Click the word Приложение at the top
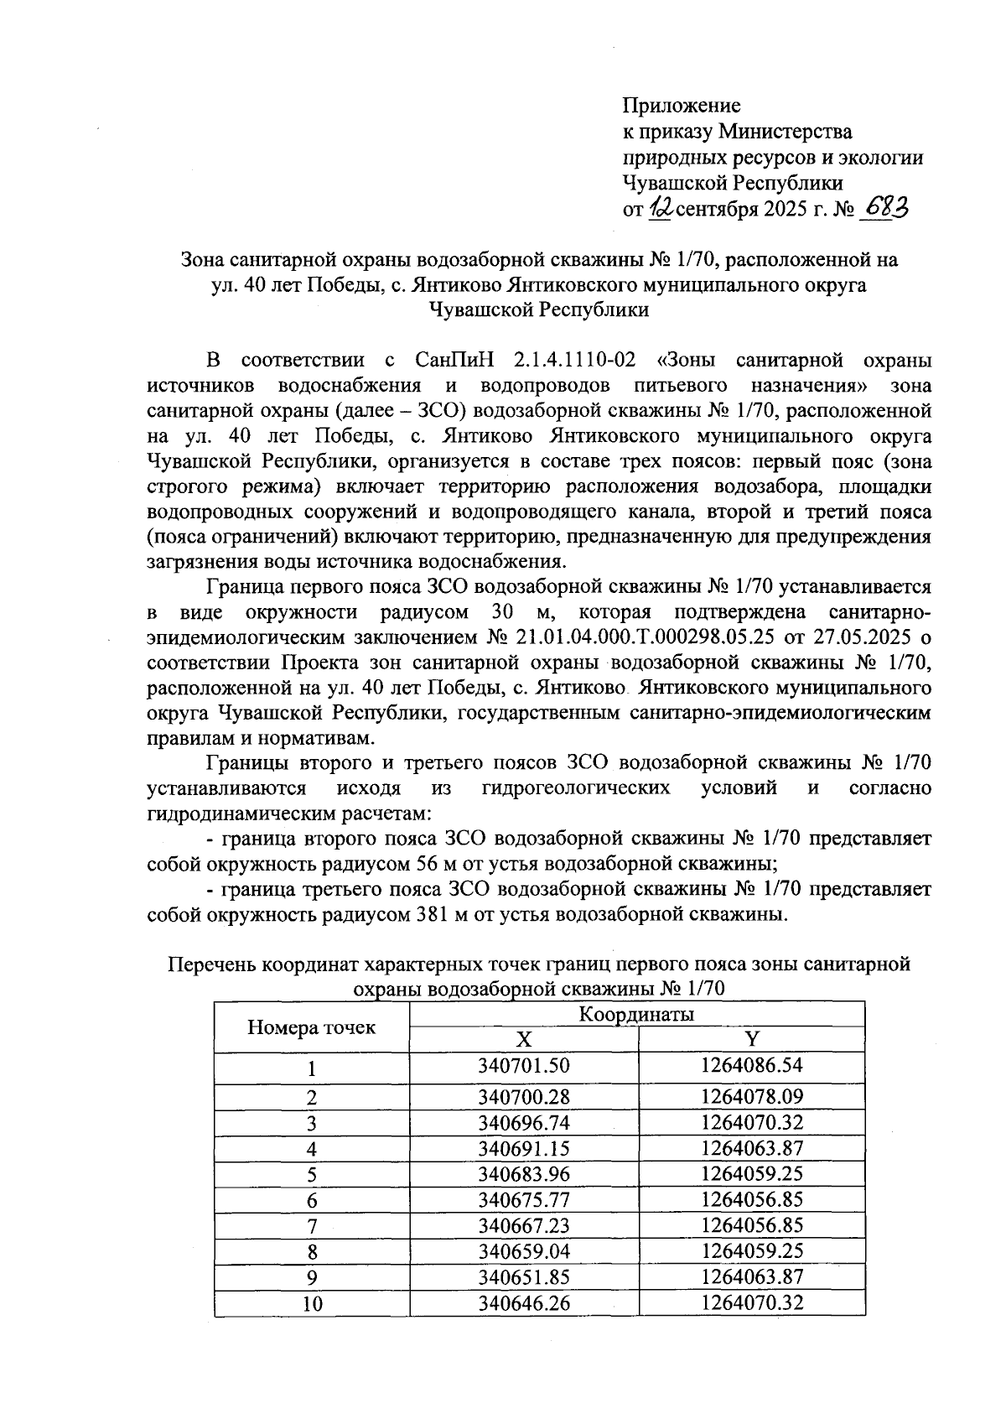(681, 107)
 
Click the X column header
(523, 1040)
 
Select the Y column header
(752, 1040)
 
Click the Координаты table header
(637, 1015)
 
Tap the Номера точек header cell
(311, 1027)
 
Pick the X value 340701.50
(523, 1067)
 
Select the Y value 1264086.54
(752, 1067)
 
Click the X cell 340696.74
(523, 1124)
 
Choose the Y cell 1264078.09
(752, 1097)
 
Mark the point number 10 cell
(311, 1304)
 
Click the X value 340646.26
(523, 1304)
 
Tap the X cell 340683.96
(523, 1175)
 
